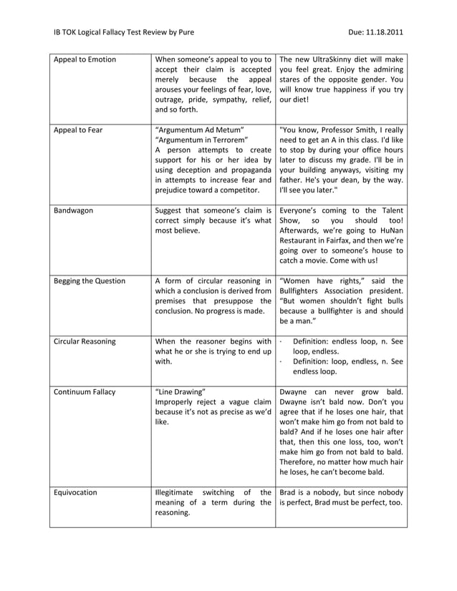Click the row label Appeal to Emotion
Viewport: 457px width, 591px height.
pyautogui.click(x=85, y=59)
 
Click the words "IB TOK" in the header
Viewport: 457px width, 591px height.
pyautogui.click(x=68, y=32)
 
